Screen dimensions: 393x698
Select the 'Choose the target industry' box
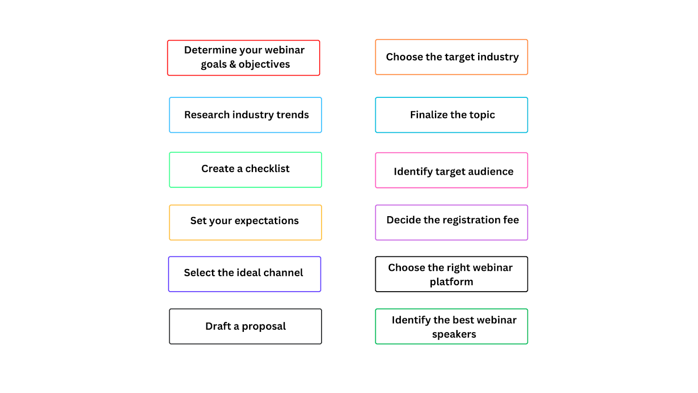(452, 57)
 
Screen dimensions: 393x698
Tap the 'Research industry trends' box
(245, 115)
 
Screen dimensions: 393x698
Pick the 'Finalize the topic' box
(452, 115)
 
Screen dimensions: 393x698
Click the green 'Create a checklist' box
(245, 170)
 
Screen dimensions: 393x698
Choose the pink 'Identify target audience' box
(452, 171)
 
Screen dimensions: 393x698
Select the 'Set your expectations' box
(245, 222)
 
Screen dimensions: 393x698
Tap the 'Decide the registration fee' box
(452, 222)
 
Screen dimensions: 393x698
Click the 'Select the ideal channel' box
(244, 274)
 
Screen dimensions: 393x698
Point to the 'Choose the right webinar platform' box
(452, 274)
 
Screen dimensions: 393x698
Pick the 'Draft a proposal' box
(245, 326)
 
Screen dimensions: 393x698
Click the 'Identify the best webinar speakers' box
(452, 326)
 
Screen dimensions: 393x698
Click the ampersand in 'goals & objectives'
(233, 64)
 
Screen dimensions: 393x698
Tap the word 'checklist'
(267, 169)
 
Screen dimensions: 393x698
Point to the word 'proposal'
(264, 327)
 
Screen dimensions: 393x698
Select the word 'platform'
(452, 282)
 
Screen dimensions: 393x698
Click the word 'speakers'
(454, 334)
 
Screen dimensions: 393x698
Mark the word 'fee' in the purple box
(511, 220)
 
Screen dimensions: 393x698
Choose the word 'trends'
(292, 115)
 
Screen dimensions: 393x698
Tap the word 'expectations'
(267, 221)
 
